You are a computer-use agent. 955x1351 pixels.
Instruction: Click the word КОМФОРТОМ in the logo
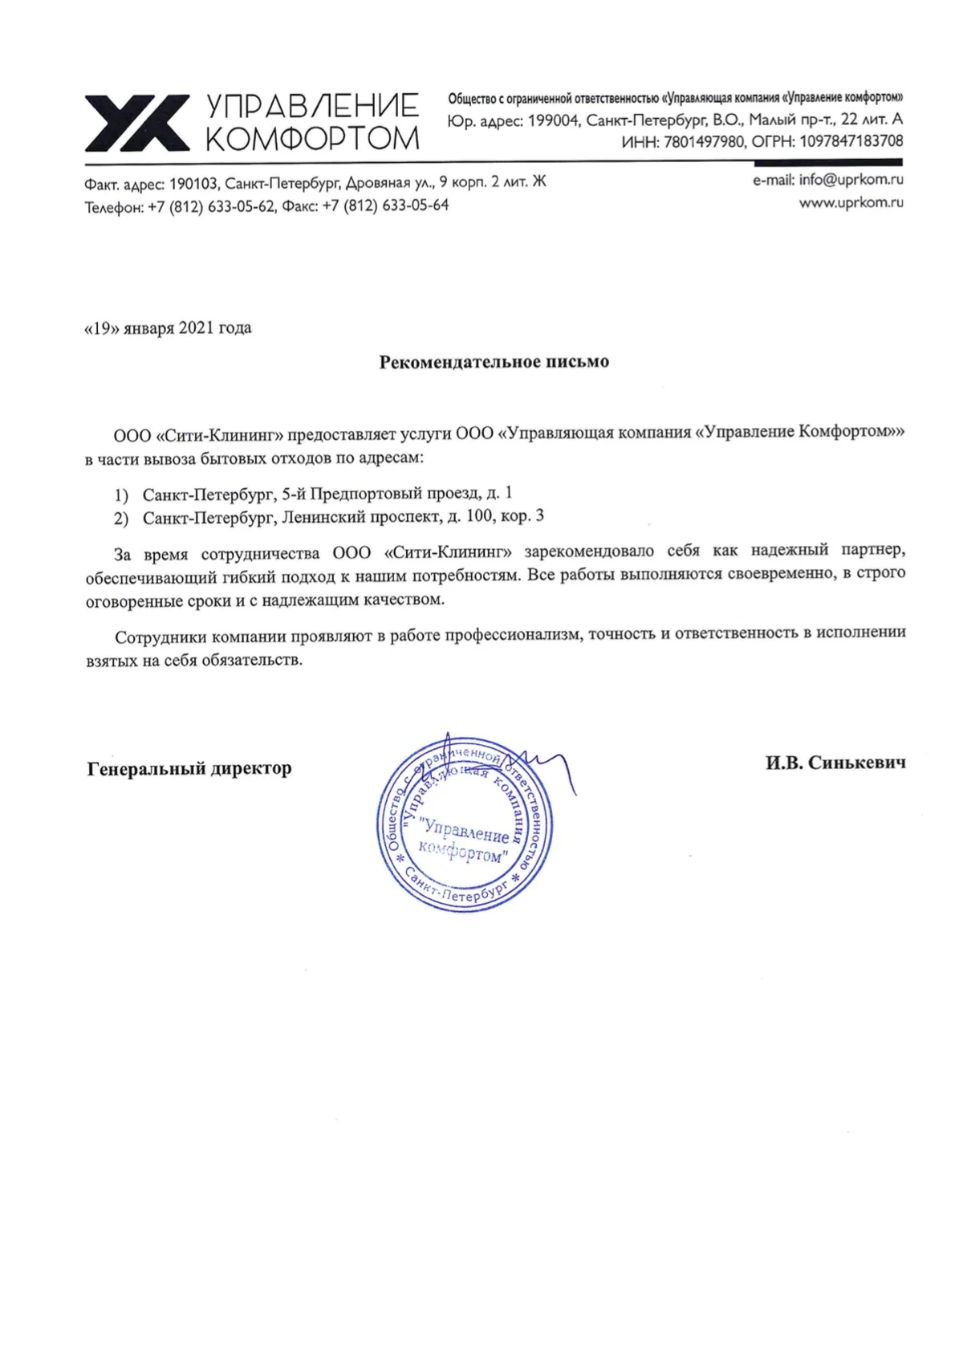click(x=313, y=139)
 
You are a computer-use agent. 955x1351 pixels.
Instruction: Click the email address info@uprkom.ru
click(x=851, y=180)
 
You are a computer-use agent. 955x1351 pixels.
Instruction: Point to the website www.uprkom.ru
click(x=851, y=202)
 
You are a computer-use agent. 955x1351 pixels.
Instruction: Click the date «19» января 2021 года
click(x=168, y=328)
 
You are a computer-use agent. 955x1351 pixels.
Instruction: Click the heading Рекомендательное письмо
click(x=494, y=361)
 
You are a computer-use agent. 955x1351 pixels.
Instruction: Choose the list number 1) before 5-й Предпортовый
click(x=120, y=493)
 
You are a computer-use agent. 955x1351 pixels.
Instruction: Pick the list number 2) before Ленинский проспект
click(x=120, y=518)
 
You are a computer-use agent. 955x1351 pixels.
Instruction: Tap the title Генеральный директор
click(x=189, y=768)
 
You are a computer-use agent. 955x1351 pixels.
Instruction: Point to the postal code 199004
click(x=554, y=120)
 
